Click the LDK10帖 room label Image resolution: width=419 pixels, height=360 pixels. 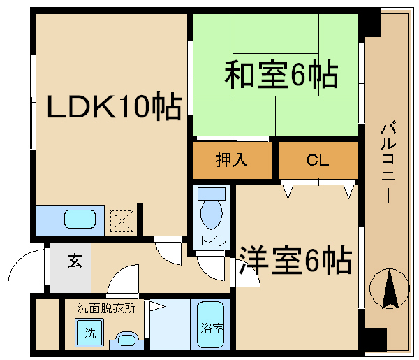pos(115,106)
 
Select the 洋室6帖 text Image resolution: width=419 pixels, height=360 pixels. pos(295,259)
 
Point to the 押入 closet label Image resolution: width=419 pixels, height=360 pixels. pos(232,159)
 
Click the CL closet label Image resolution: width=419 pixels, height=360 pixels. pos(317,160)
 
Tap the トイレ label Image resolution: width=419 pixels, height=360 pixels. pos(213,242)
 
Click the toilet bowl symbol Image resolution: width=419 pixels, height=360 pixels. pos(212,208)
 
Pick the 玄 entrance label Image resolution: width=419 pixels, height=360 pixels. pos(75,261)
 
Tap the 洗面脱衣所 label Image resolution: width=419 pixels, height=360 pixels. pos(106,308)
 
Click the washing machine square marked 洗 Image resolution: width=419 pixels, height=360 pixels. pos(89,333)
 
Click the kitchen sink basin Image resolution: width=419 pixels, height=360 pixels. pos(80,219)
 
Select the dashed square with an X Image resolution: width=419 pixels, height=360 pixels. pos(122,221)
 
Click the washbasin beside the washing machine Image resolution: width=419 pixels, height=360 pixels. pos(126,340)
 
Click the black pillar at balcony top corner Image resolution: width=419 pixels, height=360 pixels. pos(369,22)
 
